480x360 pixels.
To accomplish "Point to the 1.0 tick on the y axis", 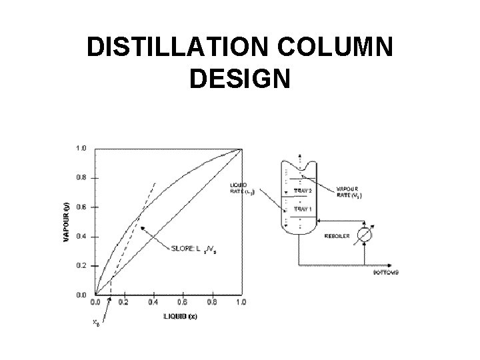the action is click(x=80, y=148).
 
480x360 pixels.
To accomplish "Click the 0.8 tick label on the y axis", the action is click(x=80, y=178).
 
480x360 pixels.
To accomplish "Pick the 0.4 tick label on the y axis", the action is click(x=80, y=236).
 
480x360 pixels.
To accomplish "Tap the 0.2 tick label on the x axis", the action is click(x=125, y=302).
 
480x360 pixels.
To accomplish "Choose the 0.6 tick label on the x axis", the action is click(x=183, y=302).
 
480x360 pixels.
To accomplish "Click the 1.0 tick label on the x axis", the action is click(x=241, y=302).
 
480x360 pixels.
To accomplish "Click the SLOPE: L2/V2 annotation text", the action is click(x=192, y=250).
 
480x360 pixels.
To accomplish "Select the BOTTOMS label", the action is click(x=385, y=273).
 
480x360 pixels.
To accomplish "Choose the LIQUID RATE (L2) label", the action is click(x=241, y=189).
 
